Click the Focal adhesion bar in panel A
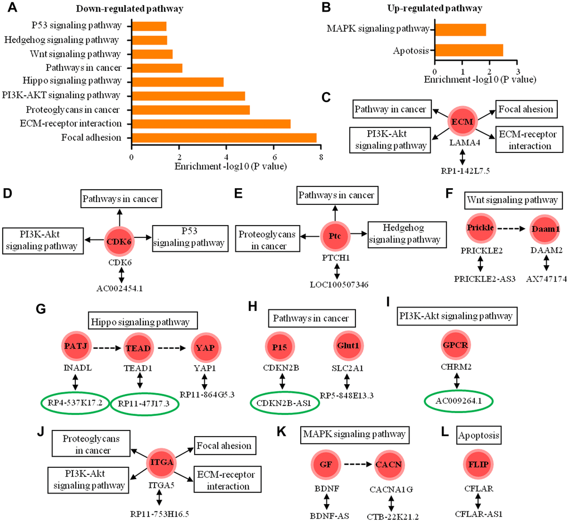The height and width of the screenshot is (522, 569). click(x=224, y=137)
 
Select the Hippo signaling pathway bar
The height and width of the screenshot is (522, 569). click(x=177, y=82)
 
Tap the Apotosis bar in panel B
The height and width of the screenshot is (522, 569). click(x=469, y=50)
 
